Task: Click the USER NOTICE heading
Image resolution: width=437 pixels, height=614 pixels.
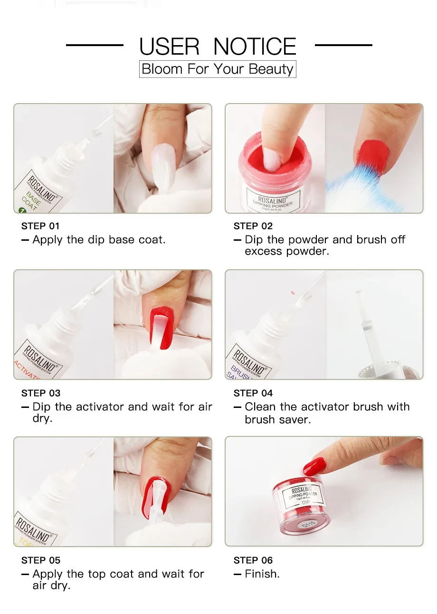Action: pos(218,47)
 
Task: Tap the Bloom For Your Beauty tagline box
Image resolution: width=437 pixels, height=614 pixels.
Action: pos(218,69)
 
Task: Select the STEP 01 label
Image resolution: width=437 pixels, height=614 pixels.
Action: pos(40,226)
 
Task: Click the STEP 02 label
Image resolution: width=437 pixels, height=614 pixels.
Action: pos(253,226)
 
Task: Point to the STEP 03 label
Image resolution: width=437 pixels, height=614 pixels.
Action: pos(40,393)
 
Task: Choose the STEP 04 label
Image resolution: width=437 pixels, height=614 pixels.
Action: pos(253,393)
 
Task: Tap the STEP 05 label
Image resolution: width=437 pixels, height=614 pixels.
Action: pos(40,560)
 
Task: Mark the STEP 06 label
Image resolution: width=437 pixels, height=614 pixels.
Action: pos(253,560)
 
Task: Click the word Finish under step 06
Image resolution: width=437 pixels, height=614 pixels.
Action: pos(262,574)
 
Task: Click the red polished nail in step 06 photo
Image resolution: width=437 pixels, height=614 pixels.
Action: pos(314,466)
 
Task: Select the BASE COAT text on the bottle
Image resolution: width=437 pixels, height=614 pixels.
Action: pos(31,201)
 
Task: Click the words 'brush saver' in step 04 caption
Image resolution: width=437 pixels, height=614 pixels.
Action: pos(277,420)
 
